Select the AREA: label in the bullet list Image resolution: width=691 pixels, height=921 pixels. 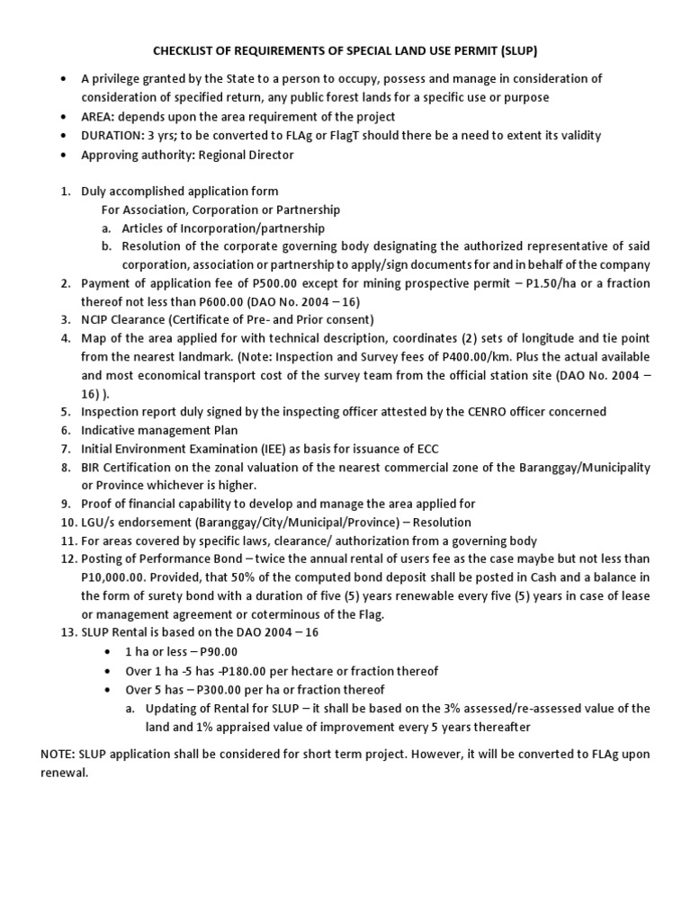pos(99,117)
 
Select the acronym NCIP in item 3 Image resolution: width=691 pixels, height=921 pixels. pos(96,320)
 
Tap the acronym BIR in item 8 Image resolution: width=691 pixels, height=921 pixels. pos(92,468)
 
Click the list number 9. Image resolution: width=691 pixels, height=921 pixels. pos(65,505)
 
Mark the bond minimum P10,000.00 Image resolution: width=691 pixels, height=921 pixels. pos(119,577)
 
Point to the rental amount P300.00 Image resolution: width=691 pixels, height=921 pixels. pos(231,690)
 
